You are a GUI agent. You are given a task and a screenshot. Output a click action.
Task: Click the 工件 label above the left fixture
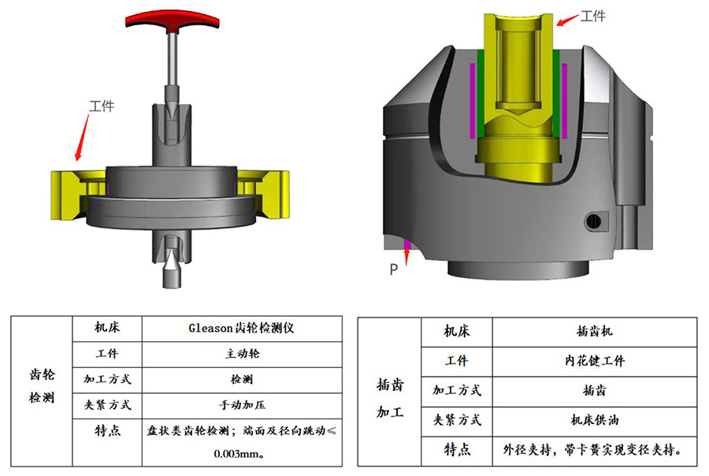(x=102, y=106)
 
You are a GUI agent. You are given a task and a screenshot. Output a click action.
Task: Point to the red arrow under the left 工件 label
(x=82, y=138)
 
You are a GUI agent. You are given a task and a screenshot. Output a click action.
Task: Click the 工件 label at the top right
(x=592, y=17)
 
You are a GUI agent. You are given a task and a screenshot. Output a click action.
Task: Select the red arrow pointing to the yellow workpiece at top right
(x=568, y=20)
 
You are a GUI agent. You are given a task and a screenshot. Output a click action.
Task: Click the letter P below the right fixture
(x=394, y=270)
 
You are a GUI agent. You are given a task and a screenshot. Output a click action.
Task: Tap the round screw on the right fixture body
(x=593, y=221)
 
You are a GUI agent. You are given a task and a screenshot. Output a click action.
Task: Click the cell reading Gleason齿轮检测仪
(x=242, y=328)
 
